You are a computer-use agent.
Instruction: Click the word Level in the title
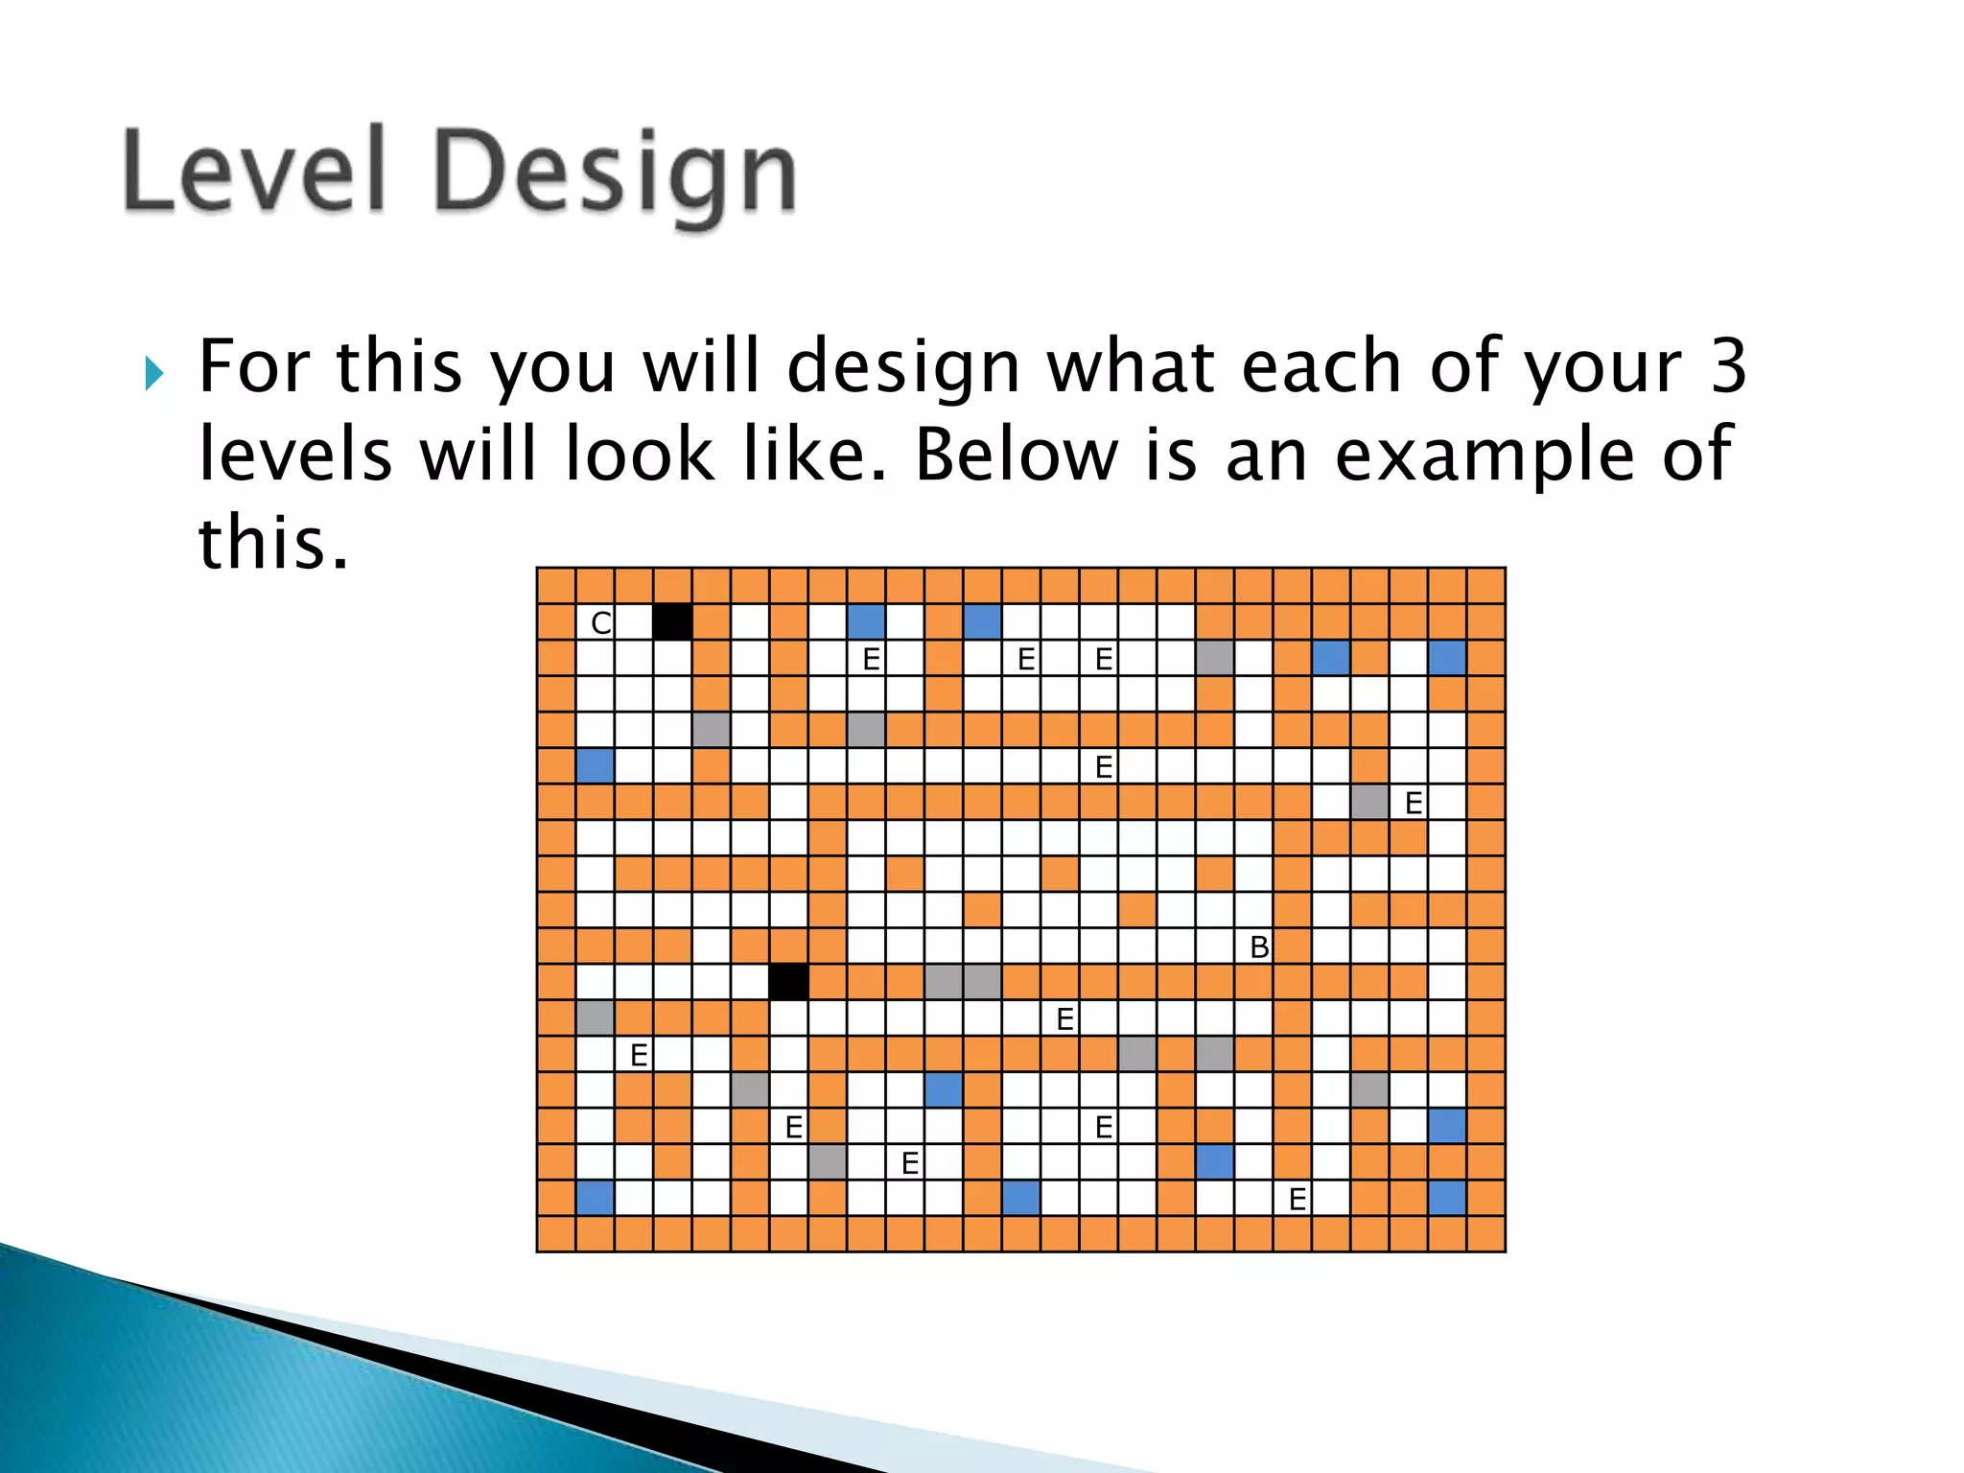pos(254,170)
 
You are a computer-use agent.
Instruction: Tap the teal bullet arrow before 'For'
pos(154,373)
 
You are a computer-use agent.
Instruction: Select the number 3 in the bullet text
pos(1728,366)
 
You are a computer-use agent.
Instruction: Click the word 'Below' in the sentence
pos(1016,453)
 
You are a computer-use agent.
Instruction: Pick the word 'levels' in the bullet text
pos(295,454)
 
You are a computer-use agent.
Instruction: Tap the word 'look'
pos(640,454)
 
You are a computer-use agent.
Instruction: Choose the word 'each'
pos(1321,366)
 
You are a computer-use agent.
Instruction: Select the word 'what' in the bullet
pos(1129,366)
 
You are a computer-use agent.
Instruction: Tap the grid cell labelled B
pos(1259,947)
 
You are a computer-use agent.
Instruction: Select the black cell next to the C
pos(672,622)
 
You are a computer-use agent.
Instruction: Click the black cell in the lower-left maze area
pos(788,983)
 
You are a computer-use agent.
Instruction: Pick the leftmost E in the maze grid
pos(639,1055)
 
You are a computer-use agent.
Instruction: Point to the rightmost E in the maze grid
pos(1414,803)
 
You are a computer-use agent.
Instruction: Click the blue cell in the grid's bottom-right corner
pos(1447,1199)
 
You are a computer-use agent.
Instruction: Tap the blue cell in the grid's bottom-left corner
pos(595,1199)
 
